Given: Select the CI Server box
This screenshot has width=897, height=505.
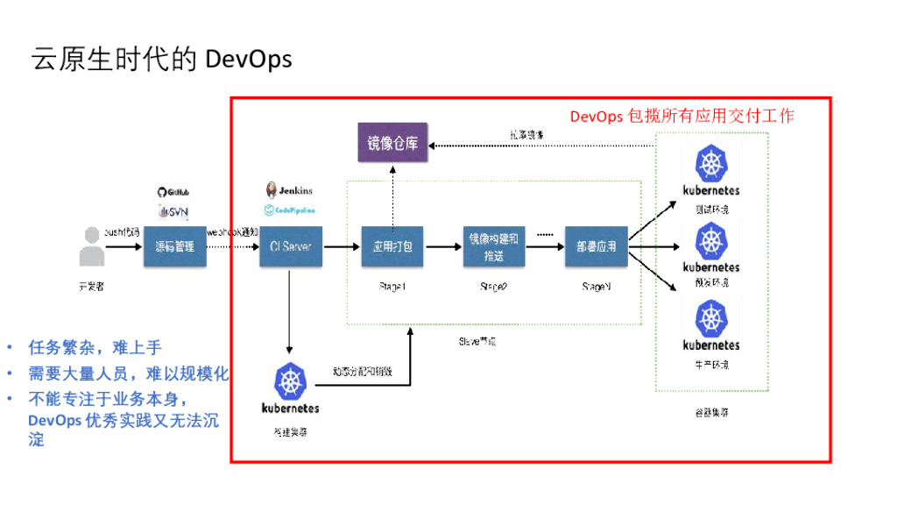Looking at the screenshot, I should point(291,247).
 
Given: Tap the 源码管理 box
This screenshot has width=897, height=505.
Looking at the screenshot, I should point(175,247).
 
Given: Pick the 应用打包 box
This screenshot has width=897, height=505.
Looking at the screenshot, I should point(392,247).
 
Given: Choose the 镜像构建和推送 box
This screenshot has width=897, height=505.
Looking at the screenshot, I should point(494,247).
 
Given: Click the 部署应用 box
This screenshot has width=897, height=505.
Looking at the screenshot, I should point(597,247).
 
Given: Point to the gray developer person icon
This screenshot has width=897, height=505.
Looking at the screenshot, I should point(90,246).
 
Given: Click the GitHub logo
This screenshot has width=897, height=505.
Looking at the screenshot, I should point(173,192).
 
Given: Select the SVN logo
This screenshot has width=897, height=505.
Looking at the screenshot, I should point(173,212).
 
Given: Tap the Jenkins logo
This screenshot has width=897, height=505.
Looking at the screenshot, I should point(288,190).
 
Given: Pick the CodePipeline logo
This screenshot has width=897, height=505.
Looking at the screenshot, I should point(289,210).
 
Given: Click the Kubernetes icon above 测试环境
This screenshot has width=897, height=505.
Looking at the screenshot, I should point(710,166).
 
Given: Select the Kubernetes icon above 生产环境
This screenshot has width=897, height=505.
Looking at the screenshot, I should point(710,320).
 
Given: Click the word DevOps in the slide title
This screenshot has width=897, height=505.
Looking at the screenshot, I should point(248,59).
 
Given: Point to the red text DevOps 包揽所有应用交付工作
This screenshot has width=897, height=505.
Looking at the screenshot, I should point(682,116).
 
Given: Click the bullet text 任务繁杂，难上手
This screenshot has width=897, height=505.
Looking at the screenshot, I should point(95,348).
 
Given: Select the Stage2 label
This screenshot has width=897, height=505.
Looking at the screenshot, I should point(494,288).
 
